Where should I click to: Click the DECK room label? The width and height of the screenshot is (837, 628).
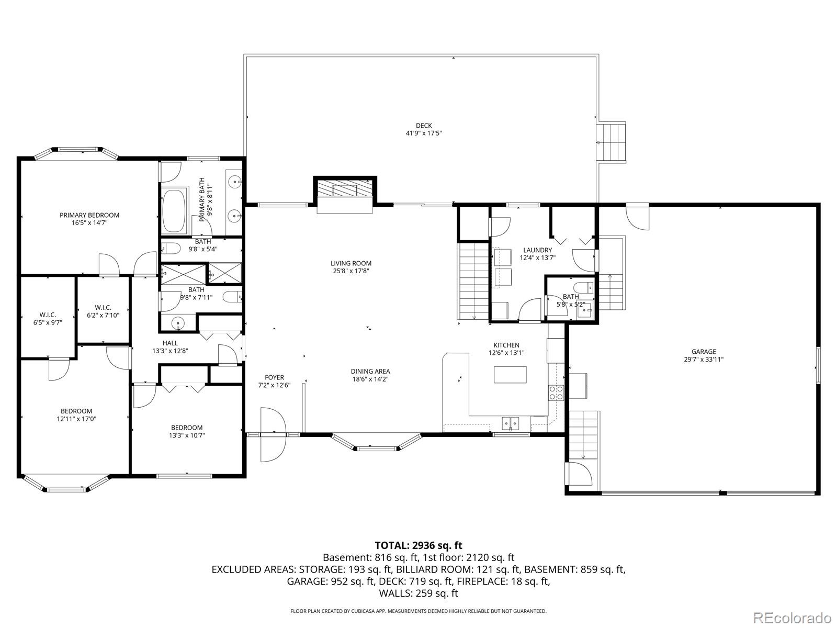pyautogui.click(x=424, y=126)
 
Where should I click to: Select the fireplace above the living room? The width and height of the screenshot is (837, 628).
pyautogui.click(x=345, y=189)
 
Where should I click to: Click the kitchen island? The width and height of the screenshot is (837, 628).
pyautogui.click(x=511, y=374)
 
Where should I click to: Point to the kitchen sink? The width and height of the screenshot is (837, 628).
pyautogui.click(x=511, y=422)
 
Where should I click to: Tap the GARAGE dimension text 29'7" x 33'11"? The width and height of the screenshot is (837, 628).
pyautogui.click(x=703, y=360)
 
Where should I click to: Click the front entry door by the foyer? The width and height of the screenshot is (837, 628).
pyautogui.click(x=273, y=434)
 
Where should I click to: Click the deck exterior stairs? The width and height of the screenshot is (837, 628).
pyautogui.click(x=612, y=142)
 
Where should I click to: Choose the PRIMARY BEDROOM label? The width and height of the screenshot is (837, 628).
pyautogui.click(x=89, y=215)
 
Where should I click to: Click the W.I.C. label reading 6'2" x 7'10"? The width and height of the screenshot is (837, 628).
pyautogui.click(x=103, y=311)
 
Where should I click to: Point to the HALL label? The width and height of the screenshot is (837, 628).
pyautogui.click(x=170, y=343)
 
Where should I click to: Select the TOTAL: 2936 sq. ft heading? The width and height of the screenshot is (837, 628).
pyautogui.click(x=418, y=546)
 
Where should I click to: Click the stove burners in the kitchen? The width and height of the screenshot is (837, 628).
pyautogui.click(x=556, y=392)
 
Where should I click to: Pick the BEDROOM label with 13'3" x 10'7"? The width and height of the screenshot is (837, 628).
pyautogui.click(x=186, y=431)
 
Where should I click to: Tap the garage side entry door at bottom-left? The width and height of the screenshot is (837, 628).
pyautogui.click(x=578, y=474)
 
